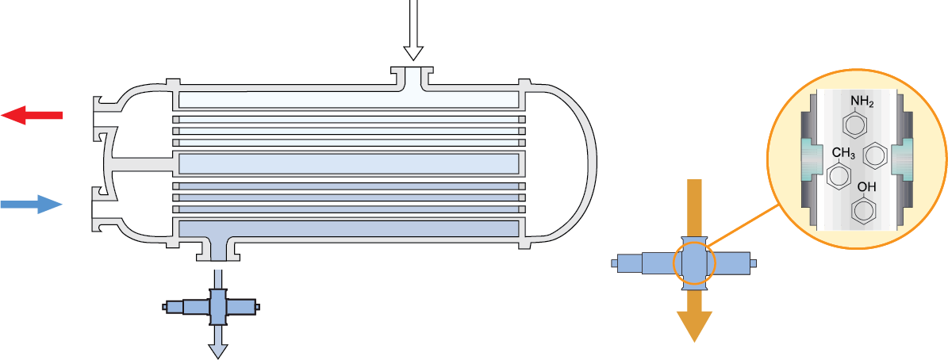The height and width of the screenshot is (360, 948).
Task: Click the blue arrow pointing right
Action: coord(32,205)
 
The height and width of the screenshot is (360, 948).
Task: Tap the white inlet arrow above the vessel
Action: coord(413,32)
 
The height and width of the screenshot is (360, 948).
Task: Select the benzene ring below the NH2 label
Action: coord(855,124)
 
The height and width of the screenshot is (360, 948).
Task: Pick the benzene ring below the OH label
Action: coord(863,211)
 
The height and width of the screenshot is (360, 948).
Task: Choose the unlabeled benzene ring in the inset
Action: coord(874,155)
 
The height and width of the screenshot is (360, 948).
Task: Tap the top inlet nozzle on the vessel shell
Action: coord(413,78)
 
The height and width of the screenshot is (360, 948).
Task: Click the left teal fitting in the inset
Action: coord(811,158)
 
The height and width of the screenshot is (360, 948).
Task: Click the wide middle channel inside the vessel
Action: coord(349,163)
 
